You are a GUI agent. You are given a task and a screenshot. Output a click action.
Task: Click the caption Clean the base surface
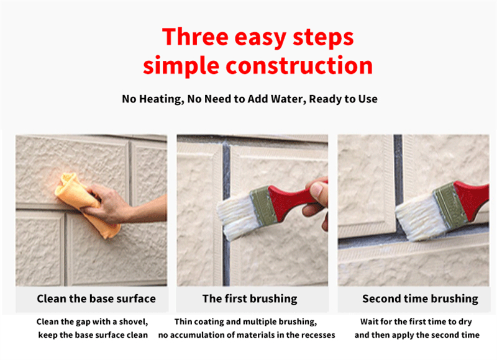tap(96, 299)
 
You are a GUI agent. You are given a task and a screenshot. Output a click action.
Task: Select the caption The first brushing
tap(250, 299)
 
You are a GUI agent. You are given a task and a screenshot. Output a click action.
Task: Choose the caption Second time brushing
tap(420, 299)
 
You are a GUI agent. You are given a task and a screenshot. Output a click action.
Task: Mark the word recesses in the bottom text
tap(315, 335)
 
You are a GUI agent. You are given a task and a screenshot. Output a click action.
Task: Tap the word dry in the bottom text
tap(470, 322)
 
